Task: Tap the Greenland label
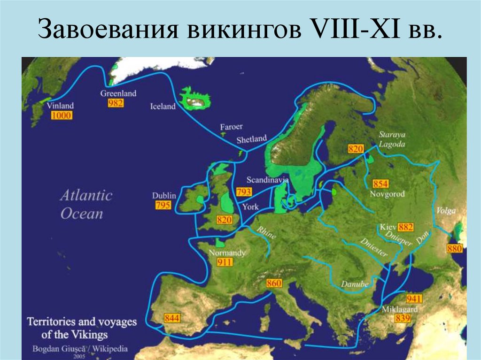pos(118,93)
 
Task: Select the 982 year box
pos(115,103)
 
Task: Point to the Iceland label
pos(163,107)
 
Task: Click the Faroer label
pos(232,127)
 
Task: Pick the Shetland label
pos(251,139)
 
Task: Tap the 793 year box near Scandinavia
pos(244,191)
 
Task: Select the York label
pos(250,206)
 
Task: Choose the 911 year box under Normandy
pos(225,262)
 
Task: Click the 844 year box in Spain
pos(172,318)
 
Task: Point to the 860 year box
pos(273,283)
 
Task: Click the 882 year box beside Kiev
pos(405,228)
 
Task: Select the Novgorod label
pos(388,194)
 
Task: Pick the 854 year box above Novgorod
pos(380,184)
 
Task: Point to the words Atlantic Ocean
pos(86,205)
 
